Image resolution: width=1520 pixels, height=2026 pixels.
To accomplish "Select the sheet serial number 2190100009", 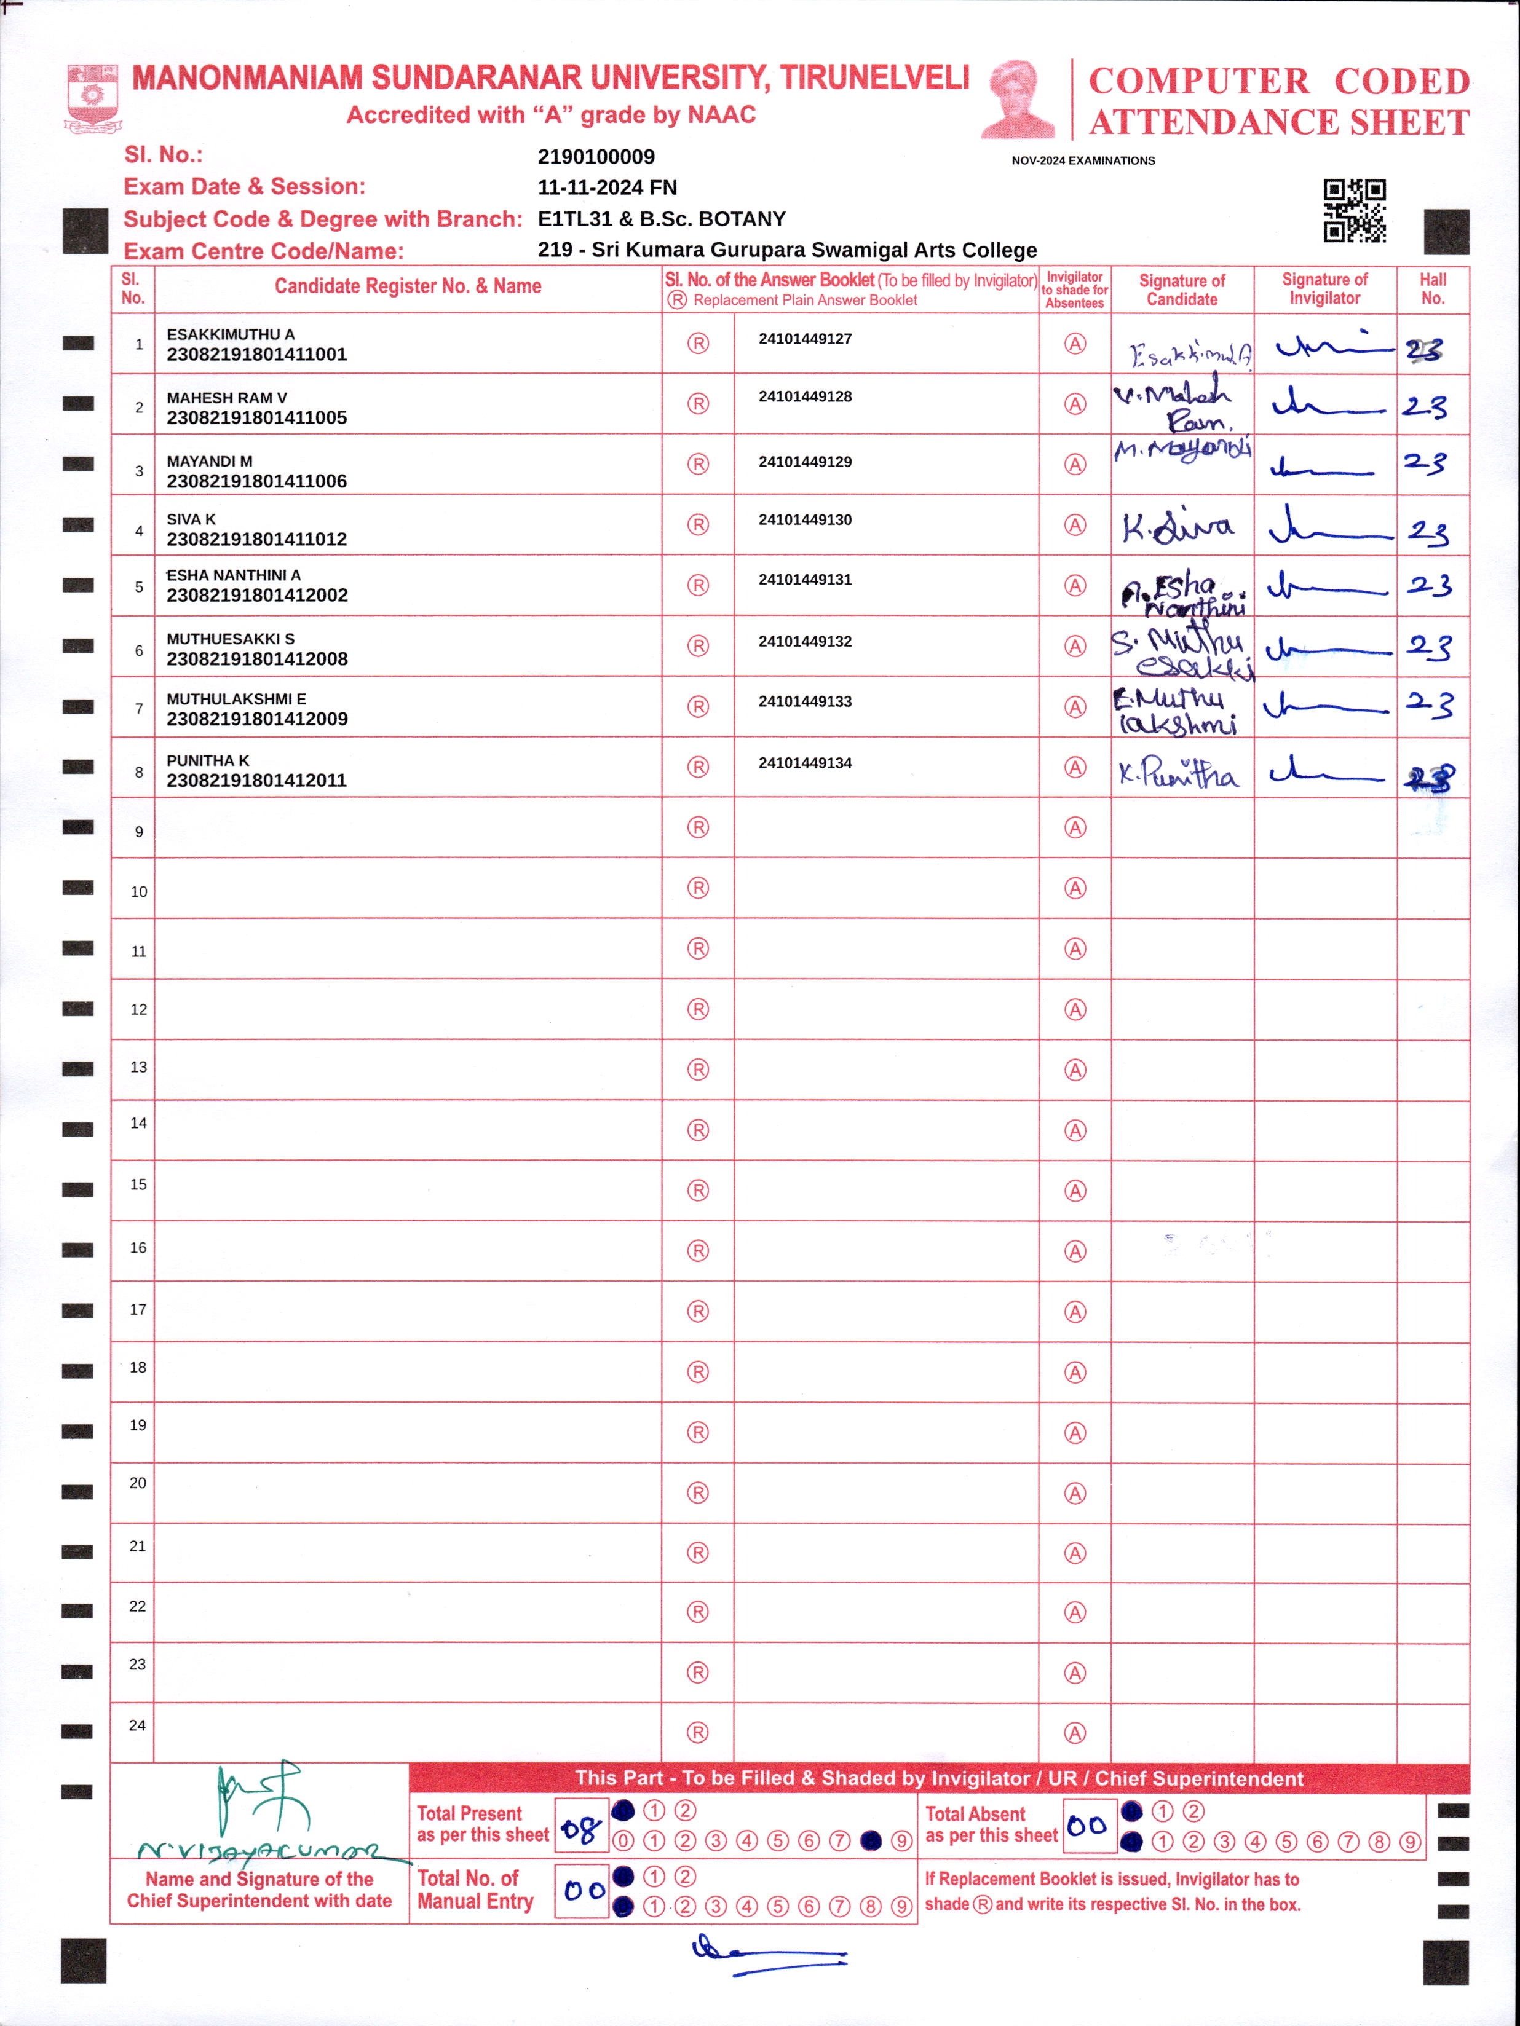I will pos(596,157).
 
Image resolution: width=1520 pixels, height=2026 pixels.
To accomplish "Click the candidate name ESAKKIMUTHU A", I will pos(230,334).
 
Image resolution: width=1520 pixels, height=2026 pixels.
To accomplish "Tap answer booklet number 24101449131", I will pos(804,580).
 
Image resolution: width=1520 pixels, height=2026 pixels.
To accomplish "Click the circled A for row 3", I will pos(1075,464).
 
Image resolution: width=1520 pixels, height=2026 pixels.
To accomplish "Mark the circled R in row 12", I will pos(698,1009).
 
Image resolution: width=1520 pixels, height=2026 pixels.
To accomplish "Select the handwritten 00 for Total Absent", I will pos(1088,1826).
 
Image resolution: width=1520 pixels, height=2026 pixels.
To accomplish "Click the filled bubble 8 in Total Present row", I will pos(871,1841).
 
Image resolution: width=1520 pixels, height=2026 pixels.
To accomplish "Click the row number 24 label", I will pos(138,1725).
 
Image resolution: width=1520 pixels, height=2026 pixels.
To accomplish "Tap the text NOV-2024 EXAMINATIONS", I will pos(1083,160).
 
